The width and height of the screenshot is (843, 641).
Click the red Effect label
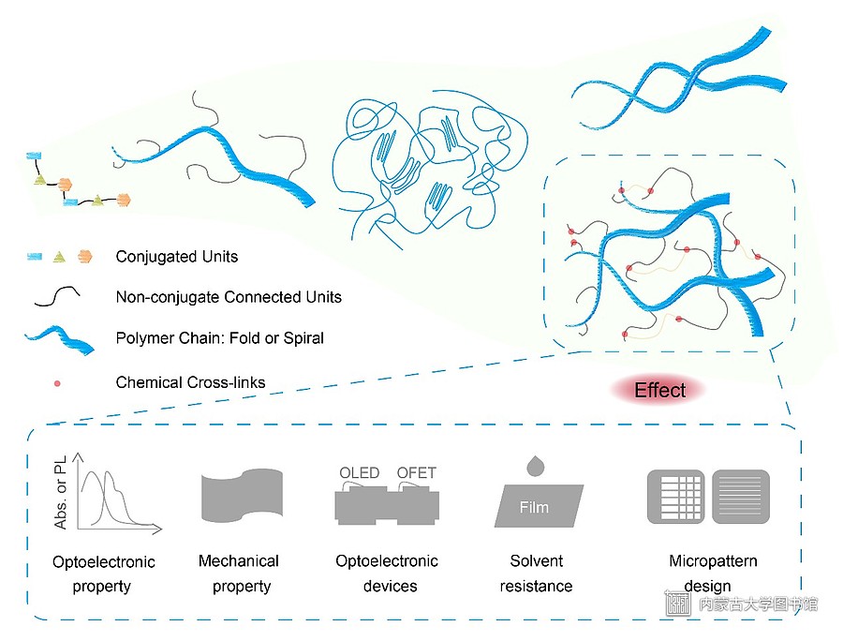pyautogui.click(x=659, y=390)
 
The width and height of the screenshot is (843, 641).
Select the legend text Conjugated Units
pyautogui.click(x=177, y=257)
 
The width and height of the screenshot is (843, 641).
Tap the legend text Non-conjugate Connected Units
pyautogui.click(x=229, y=297)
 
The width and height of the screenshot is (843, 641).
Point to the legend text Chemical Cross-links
pyautogui.click(x=190, y=382)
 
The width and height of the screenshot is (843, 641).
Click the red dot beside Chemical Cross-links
pyautogui.click(x=57, y=383)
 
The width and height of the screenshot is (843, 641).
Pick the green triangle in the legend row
pyautogui.click(x=59, y=257)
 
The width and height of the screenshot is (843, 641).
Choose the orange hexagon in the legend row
pyautogui.click(x=85, y=257)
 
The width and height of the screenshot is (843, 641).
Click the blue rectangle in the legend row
pyautogui.click(x=35, y=257)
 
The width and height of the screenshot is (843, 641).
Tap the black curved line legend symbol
pyautogui.click(x=57, y=296)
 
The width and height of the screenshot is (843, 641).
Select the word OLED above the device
pyautogui.click(x=359, y=472)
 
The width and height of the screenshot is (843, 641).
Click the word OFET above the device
pyautogui.click(x=416, y=472)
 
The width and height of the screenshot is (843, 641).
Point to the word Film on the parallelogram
pyautogui.click(x=534, y=507)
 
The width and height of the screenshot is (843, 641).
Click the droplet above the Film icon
pyautogui.click(x=536, y=467)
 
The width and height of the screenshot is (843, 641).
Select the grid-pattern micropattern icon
pyautogui.click(x=675, y=497)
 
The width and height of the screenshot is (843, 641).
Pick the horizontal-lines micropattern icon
pyautogui.click(x=741, y=497)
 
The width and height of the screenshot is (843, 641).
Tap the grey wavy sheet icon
pyautogui.click(x=242, y=495)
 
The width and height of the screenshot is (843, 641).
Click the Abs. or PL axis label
pyautogui.click(x=60, y=492)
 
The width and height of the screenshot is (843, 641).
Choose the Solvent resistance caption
pyautogui.click(x=536, y=574)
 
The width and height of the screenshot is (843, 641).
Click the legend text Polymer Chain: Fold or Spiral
pyautogui.click(x=219, y=337)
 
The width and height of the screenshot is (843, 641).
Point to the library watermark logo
pyautogui.click(x=678, y=604)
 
